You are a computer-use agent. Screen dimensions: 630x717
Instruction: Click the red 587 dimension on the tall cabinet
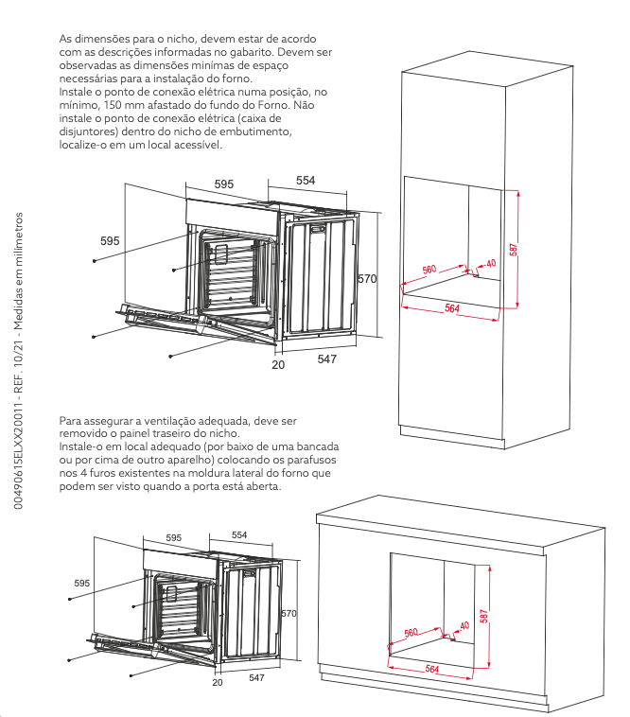click(514, 249)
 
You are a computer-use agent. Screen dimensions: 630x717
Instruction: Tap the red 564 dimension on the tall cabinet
click(452, 308)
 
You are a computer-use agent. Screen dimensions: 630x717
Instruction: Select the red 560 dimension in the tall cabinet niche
click(429, 270)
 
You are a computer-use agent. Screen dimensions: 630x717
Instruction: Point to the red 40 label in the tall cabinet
click(491, 263)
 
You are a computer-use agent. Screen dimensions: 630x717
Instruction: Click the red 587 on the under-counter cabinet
click(484, 616)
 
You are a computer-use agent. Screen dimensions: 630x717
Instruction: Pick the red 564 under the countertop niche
click(432, 669)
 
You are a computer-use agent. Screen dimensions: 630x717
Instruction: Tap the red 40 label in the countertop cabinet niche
click(464, 625)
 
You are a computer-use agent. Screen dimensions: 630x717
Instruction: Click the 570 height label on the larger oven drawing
click(367, 278)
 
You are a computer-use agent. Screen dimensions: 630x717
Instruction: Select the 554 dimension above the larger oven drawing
click(306, 180)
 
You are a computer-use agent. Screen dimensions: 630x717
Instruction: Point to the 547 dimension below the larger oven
click(327, 358)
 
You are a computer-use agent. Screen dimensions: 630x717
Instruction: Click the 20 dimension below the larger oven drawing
click(278, 364)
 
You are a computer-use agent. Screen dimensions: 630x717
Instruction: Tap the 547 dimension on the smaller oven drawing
click(256, 677)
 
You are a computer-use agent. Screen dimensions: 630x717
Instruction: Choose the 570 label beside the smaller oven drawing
click(289, 613)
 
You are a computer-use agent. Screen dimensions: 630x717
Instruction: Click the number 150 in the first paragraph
click(112, 105)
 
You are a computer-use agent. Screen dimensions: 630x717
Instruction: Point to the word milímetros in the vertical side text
click(18, 234)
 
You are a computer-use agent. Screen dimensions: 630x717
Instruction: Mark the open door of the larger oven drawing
click(197, 324)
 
